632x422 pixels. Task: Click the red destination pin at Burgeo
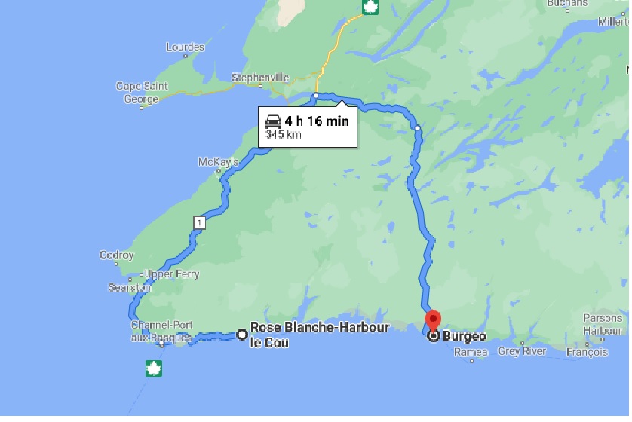pos(433,320)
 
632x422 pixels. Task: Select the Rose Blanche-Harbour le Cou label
pos(319,335)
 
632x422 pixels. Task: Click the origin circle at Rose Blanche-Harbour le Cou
pos(241,334)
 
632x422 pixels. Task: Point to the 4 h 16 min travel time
pos(317,121)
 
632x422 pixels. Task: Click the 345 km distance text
pos(283,136)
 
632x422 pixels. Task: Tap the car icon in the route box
pos(273,121)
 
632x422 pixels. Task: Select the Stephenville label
pos(260,78)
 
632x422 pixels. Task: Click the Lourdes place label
pos(185,47)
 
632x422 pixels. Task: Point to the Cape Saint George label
pos(142,93)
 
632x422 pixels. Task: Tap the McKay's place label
pos(218,162)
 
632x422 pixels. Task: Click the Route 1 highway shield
pos(198,222)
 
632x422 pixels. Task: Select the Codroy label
pos(116,255)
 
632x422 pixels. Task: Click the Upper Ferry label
pos(172,274)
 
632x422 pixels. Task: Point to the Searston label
pos(129,288)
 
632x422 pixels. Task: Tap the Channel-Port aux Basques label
pos(162,331)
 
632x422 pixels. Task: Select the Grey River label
pos(522,352)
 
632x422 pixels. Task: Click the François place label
pos(587,352)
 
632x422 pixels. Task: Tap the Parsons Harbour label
pos(602,324)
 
